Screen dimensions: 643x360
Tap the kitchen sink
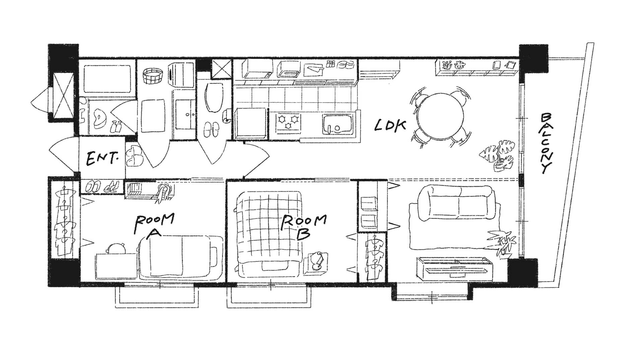338,124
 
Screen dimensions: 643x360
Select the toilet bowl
213,97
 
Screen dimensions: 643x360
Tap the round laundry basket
152,76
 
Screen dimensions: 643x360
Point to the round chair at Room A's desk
117,248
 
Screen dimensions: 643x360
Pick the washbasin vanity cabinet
184,114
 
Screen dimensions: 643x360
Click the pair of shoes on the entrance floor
135,155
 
